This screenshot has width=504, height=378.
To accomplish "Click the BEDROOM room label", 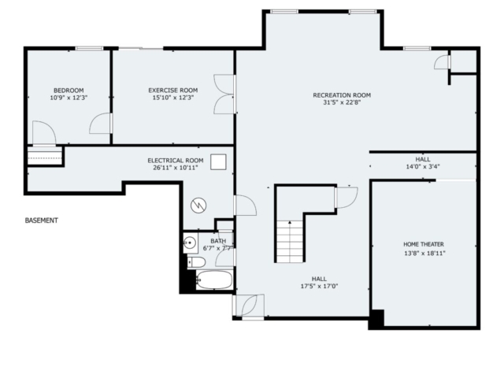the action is coord(69,91).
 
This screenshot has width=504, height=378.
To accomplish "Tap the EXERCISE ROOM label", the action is coord(173,91).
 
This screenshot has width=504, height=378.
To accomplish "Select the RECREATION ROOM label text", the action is coord(342,95).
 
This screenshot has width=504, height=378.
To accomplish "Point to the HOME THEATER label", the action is coord(424,244).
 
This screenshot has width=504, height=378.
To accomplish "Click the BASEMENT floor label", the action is coord(42,220).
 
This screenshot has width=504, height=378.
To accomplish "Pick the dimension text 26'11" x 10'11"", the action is coord(175,168).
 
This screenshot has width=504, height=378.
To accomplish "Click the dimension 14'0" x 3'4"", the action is coord(423,166).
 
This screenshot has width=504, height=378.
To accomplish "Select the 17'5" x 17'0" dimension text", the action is coord(319,286).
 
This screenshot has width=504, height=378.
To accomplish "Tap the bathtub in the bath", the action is coord(213,280).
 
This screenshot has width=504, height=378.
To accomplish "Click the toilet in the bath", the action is coord(196,262).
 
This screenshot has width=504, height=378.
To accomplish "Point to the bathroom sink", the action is coord(191,243).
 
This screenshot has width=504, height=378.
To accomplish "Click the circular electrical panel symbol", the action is coord(198,206).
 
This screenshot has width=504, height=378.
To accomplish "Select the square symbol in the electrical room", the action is coord(218,162).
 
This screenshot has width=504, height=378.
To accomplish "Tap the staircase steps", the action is coord(290,242).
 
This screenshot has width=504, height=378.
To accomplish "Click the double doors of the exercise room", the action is coord(224,94).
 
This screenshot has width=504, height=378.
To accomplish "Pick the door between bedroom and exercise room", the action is coord(101,124).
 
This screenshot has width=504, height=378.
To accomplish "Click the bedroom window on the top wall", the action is coord(89,49).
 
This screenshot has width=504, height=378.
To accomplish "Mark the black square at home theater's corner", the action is coord(376,319).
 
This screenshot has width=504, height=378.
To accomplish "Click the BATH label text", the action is coord(218,241).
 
